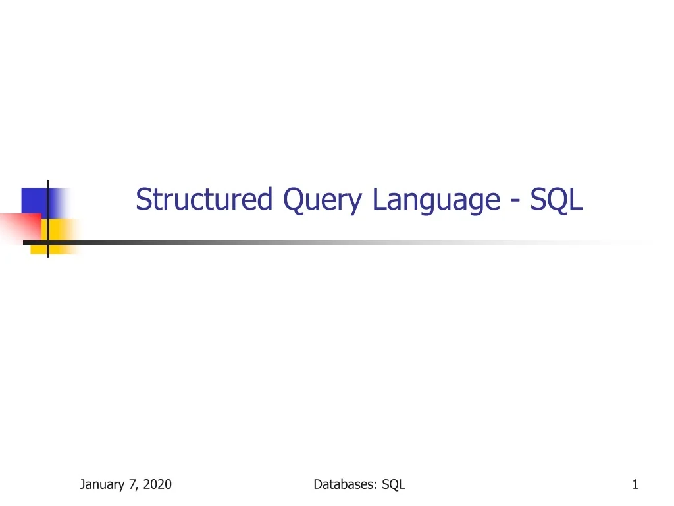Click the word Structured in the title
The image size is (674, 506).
204,200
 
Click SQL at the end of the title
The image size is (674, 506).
557,200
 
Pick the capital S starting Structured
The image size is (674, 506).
143,200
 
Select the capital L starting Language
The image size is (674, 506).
378,200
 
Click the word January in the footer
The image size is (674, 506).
103,485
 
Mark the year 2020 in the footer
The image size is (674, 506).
157,485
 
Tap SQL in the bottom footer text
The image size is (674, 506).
394,485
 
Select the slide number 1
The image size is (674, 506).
635,485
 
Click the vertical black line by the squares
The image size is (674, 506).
48,217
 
